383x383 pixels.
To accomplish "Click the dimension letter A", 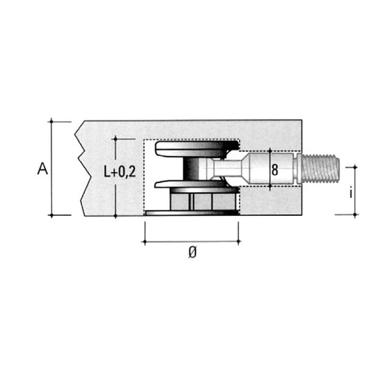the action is point(42,169).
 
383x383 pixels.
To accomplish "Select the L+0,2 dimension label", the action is point(120,171).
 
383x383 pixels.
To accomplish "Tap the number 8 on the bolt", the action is point(275,170).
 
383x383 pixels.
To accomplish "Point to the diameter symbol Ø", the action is point(192,252).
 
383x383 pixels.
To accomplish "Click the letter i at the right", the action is point(351,193).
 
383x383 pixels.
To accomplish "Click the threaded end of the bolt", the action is point(320,169).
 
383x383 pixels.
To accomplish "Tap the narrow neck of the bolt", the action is point(227,168).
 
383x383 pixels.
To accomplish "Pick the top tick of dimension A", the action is point(52,121).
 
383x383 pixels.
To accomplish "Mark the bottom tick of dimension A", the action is point(52,215).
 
